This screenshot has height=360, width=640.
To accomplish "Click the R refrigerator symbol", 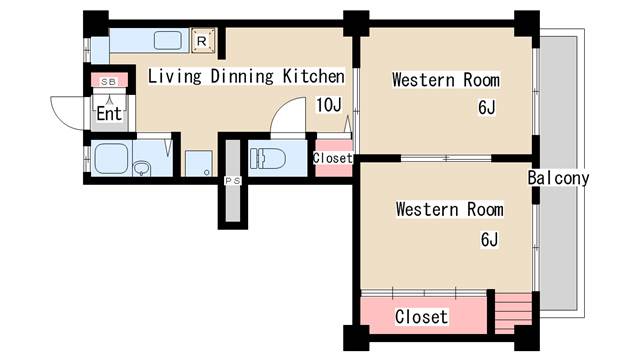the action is click(x=203, y=41).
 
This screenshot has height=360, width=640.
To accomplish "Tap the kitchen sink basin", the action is click(x=167, y=41).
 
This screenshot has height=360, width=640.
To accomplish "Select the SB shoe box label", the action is click(x=108, y=82).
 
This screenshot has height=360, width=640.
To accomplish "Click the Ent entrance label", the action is click(x=109, y=113).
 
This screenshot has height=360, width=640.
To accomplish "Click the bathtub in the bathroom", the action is click(x=111, y=158).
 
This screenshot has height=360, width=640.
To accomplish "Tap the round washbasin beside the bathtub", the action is click(x=142, y=168).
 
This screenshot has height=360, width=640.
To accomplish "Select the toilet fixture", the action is click(x=268, y=159).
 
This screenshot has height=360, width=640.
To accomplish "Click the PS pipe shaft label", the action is click(x=233, y=180).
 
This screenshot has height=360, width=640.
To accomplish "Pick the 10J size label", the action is click(x=329, y=105).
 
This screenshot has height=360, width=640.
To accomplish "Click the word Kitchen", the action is click(x=313, y=76).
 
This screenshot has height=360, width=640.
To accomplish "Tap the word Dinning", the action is click(x=242, y=77).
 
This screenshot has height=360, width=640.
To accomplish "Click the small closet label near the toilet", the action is click(x=333, y=158).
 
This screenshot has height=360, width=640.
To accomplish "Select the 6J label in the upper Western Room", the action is click(x=487, y=107).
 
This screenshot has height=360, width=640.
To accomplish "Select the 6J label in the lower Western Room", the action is click(x=489, y=239).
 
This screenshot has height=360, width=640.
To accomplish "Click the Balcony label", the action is click(x=558, y=178).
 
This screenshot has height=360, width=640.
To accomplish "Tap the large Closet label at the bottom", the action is click(x=421, y=317).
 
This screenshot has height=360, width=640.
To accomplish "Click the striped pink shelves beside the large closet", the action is click(x=513, y=313).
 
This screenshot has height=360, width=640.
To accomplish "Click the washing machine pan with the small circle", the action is click(x=199, y=163).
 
